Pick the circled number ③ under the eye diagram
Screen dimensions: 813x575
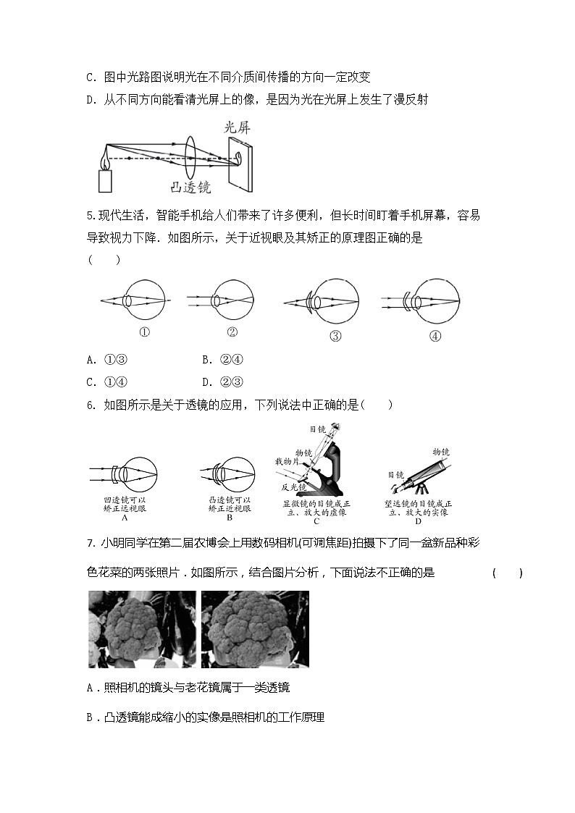pyautogui.click(x=335, y=336)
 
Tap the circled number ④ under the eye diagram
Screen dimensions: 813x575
pyautogui.click(x=435, y=336)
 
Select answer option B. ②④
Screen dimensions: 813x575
pyautogui.click(x=222, y=360)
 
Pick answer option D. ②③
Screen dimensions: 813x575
pyautogui.click(x=222, y=382)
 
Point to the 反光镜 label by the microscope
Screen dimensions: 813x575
pyautogui.click(x=291, y=488)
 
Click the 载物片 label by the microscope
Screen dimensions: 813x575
pyautogui.click(x=287, y=460)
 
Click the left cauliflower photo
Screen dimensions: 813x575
pyautogui.click(x=142, y=628)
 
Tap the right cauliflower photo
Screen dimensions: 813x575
pyautogui.click(x=255, y=628)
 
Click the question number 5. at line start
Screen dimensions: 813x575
pyautogui.click(x=91, y=215)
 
